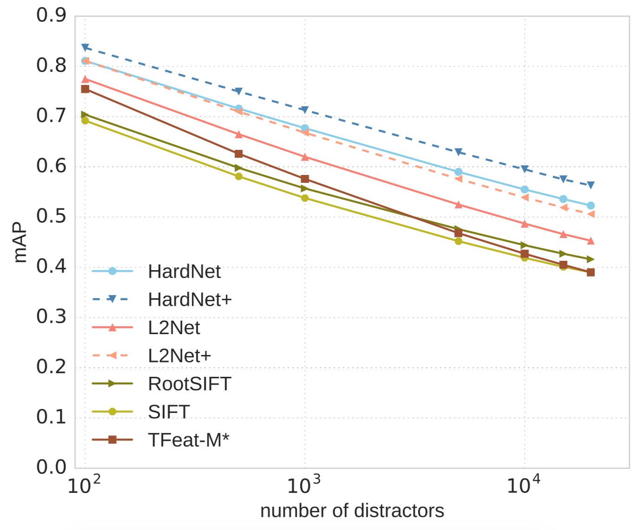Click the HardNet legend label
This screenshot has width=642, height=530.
coord(184,272)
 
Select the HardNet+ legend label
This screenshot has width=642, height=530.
coord(190,300)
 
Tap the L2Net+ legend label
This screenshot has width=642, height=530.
coord(179,356)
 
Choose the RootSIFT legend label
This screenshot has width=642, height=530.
coord(189,384)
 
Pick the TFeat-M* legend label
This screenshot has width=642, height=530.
coord(188,440)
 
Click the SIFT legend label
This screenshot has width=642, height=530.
coord(169,412)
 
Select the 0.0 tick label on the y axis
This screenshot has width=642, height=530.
coord(52,467)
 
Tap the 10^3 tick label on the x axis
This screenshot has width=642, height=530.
coord(304,485)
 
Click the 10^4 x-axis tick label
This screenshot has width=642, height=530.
coord(524,485)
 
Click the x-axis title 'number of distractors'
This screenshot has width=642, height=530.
coord(352,511)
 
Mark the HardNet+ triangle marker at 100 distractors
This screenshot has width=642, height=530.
coord(85,47)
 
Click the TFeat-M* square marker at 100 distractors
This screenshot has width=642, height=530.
coord(85,89)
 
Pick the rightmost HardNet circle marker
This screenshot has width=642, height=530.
coord(590,206)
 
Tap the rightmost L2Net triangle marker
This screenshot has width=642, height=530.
coord(590,240)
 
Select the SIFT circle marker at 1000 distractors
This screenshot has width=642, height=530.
coord(305,198)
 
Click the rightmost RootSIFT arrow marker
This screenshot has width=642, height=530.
coord(590,259)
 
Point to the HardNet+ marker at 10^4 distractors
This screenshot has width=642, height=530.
coord(524,169)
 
